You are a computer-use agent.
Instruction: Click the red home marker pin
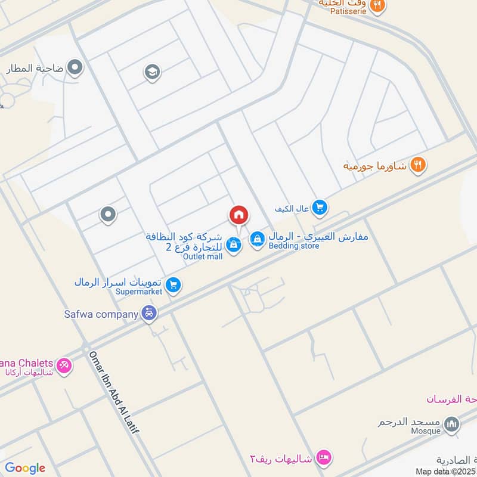[x=238, y=215]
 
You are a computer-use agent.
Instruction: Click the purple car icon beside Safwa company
[x=149, y=313]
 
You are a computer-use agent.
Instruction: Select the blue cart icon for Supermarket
[x=173, y=286]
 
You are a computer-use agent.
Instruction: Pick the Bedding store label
[x=293, y=246]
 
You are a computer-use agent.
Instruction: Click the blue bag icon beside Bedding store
[x=257, y=238]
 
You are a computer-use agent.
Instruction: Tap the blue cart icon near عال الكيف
[x=320, y=207]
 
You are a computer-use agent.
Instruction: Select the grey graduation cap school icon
[x=153, y=73]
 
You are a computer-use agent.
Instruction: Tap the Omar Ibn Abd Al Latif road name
[x=114, y=393]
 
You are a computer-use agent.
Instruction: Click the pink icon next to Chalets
[x=64, y=365]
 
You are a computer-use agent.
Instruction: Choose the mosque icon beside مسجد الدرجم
[x=453, y=425]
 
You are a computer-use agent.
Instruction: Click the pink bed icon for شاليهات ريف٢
[x=324, y=457]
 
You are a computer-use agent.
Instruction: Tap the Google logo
[x=25, y=468]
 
